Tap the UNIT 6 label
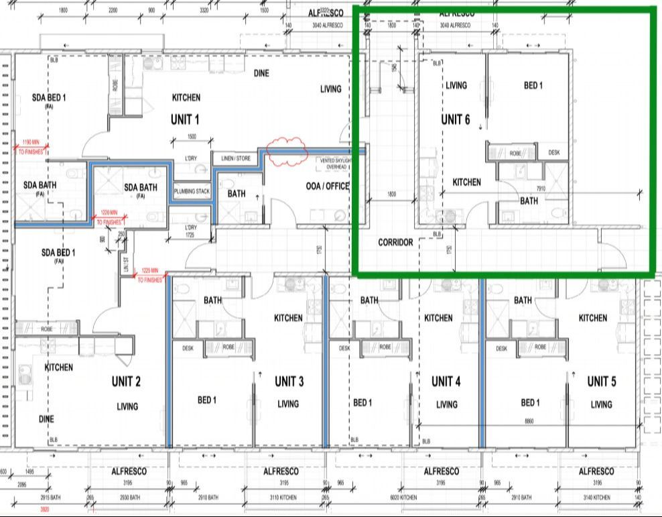455,120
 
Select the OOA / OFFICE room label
328,186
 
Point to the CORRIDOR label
395,242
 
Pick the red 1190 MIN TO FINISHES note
31,147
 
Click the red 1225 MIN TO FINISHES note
149,275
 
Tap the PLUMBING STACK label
192,191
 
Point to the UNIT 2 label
126,382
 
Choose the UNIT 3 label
289,382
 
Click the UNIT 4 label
446,382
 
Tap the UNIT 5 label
602,382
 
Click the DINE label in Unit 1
261,73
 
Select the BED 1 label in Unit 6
533,85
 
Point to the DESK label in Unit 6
553,153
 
